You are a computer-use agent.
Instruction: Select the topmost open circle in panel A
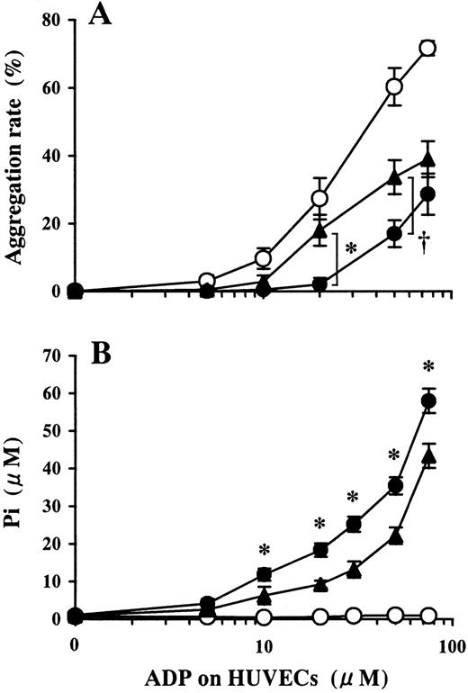click(x=428, y=48)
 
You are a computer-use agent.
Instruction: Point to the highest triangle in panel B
click(x=428, y=456)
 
